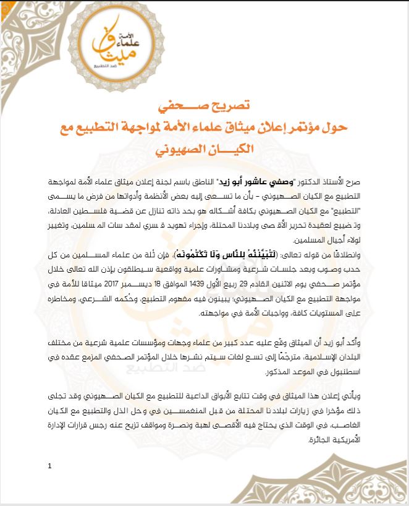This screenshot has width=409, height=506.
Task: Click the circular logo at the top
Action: (x=111, y=45)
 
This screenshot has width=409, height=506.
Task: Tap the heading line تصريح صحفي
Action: (x=206, y=106)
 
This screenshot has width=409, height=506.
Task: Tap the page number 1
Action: (x=48, y=466)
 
